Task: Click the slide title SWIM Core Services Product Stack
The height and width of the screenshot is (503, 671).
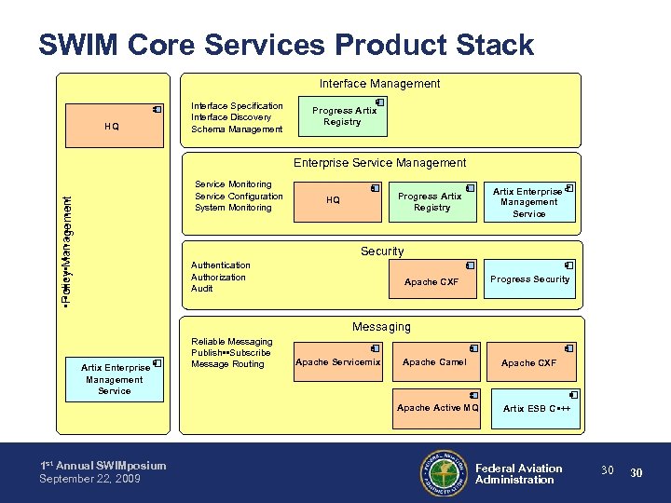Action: pyautogui.click(x=286, y=45)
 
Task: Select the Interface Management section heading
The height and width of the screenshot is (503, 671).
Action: pyautogui.click(x=379, y=84)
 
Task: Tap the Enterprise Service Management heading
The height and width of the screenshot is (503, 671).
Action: pyautogui.click(x=379, y=163)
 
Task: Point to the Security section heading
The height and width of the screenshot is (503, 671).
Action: pyautogui.click(x=382, y=251)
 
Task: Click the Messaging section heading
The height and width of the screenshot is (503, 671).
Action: pyautogui.click(x=381, y=327)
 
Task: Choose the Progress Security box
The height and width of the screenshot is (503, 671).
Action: pyautogui.click(x=529, y=279)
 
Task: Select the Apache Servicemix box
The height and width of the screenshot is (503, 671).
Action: pyautogui.click(x=337, y=362)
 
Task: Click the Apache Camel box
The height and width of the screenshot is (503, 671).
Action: pyautogui.click(x=433, y=362)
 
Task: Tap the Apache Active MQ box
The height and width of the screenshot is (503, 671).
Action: pyautogui.click(x=437, y=408)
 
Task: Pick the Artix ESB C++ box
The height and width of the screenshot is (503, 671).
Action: pyautogui.click(x=536, y=408)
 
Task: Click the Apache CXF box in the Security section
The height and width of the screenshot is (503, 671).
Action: pyautogui.click(x=431, y=280)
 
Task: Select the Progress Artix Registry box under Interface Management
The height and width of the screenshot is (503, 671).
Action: pyautogui.click(x=343, y=116)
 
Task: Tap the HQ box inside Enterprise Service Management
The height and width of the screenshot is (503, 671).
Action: pyautogui.click(x=333, y=200)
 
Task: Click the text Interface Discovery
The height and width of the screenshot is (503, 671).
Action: pyautogui.click(x=231, y=117)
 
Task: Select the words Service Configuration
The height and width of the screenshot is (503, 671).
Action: pyautogui.click(x=239, y=197)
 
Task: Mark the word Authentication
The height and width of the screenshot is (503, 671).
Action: pyautogui.click(x=221, y=265)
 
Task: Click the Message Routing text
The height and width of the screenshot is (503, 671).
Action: pyautogui.click(x=227, y=364)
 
